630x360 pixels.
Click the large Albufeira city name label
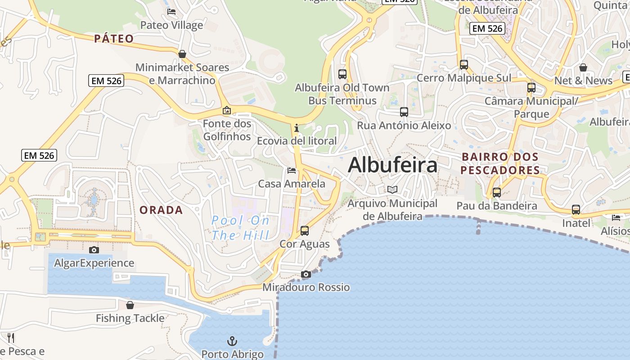tap(392, 165)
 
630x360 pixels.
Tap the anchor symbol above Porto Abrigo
tap(232, 341)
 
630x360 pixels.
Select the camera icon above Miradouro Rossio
tap(306, 274)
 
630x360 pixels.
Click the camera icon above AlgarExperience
tap(94, 250)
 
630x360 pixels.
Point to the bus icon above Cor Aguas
tap(305, 231)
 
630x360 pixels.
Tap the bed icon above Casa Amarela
tap(292, 171)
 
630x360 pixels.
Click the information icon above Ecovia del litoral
tap(296, 128)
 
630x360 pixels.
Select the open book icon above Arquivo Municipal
tap(393, 190)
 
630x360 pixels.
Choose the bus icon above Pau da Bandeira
tap(497, 193)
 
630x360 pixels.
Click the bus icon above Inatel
tap(576, 210)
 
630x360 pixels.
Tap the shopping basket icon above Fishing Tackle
tap(130, 305)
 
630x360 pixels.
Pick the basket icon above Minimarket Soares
tap(182, 54)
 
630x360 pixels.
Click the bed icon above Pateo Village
tap(171, 12)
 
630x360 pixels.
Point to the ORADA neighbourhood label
tap(161, 210)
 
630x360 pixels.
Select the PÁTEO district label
tap(114, 39)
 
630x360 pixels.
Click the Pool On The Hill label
tap(241, 228)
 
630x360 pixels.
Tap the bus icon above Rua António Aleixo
tap(404, 112)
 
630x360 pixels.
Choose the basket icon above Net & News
tap(583, 67)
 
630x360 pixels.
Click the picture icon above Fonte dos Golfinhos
tap(227, 110)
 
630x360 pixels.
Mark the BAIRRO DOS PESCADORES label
tap(500, 164)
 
